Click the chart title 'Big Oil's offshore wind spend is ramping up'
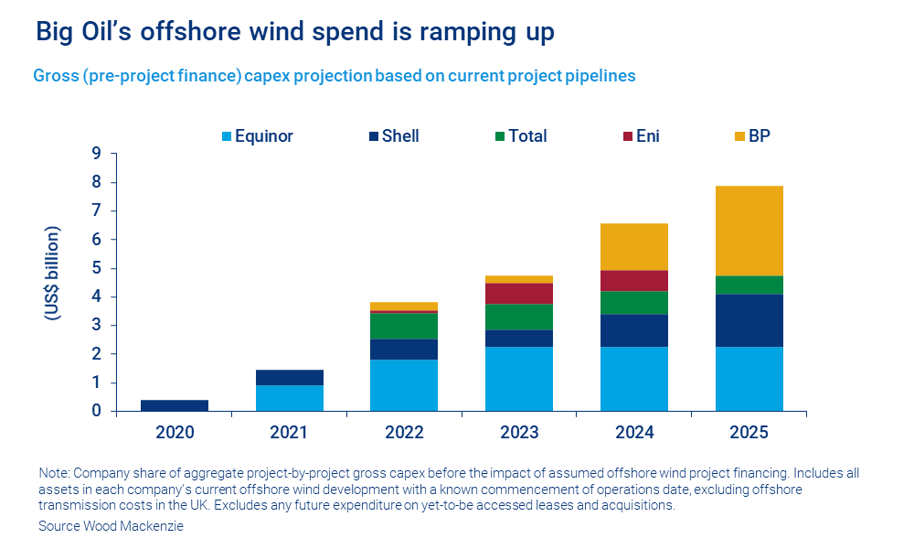tap(294, 32)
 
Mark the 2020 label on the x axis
tap(174, 431)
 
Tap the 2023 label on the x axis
tap(518, 431)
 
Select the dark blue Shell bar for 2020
tap(174, 405)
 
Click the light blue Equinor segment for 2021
tap(289, 398)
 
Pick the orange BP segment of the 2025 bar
tap(749, 231)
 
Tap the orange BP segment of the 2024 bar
tap(633, 246)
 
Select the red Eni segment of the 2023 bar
tap(518, 293)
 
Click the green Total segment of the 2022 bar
tap(403, 326)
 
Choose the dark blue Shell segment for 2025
tap(749, 320)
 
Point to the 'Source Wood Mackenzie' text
tap(110, 527)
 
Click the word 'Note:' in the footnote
tap(54, 473)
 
